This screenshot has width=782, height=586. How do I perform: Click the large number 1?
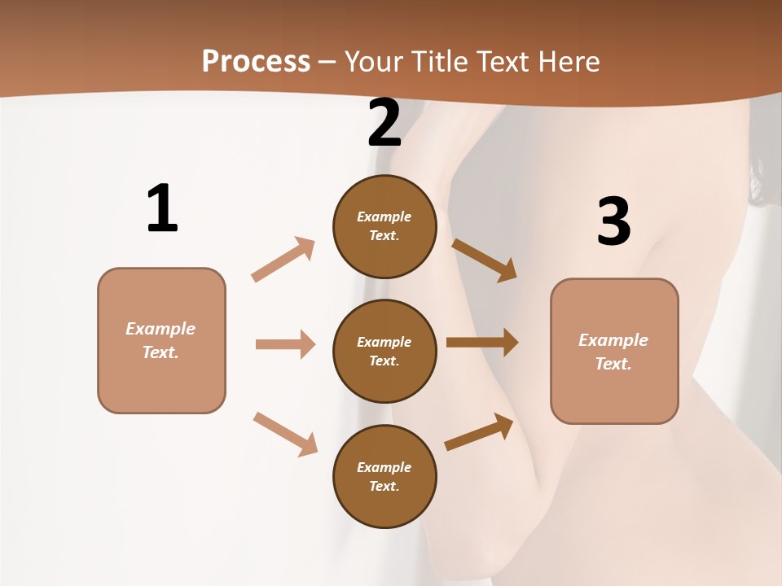(x=162, y=208)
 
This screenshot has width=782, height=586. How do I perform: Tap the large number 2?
(x=384, y=123)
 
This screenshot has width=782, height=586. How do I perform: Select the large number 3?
(x=613, y=221)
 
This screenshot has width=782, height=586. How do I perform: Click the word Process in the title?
(x=256, y=61)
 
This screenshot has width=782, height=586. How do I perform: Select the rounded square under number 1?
(x=161, y=340)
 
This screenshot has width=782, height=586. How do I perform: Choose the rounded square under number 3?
(x=614, y=351)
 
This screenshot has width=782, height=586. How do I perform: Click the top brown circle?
(x=384, y=226)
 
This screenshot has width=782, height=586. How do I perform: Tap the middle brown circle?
(x=384, y=351)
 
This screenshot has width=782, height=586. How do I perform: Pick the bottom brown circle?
(x=384, y=476)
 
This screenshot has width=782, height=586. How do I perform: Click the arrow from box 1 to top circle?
(x=283, y=259)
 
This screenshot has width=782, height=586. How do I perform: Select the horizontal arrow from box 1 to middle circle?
(x=285, y=344)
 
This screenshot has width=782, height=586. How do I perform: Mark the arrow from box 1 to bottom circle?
(x=285, y=433)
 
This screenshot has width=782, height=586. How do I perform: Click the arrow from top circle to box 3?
(x=484, y=260)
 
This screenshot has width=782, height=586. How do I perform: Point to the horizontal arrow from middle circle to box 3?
(x=482, y=343)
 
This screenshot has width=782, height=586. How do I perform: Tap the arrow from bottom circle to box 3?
(x=479, y=431)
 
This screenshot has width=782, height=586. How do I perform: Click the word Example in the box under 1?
(x=160, y=329)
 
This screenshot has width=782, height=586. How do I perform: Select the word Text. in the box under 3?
(x=613, y=364)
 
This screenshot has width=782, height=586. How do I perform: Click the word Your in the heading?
(x=374, y=61)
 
